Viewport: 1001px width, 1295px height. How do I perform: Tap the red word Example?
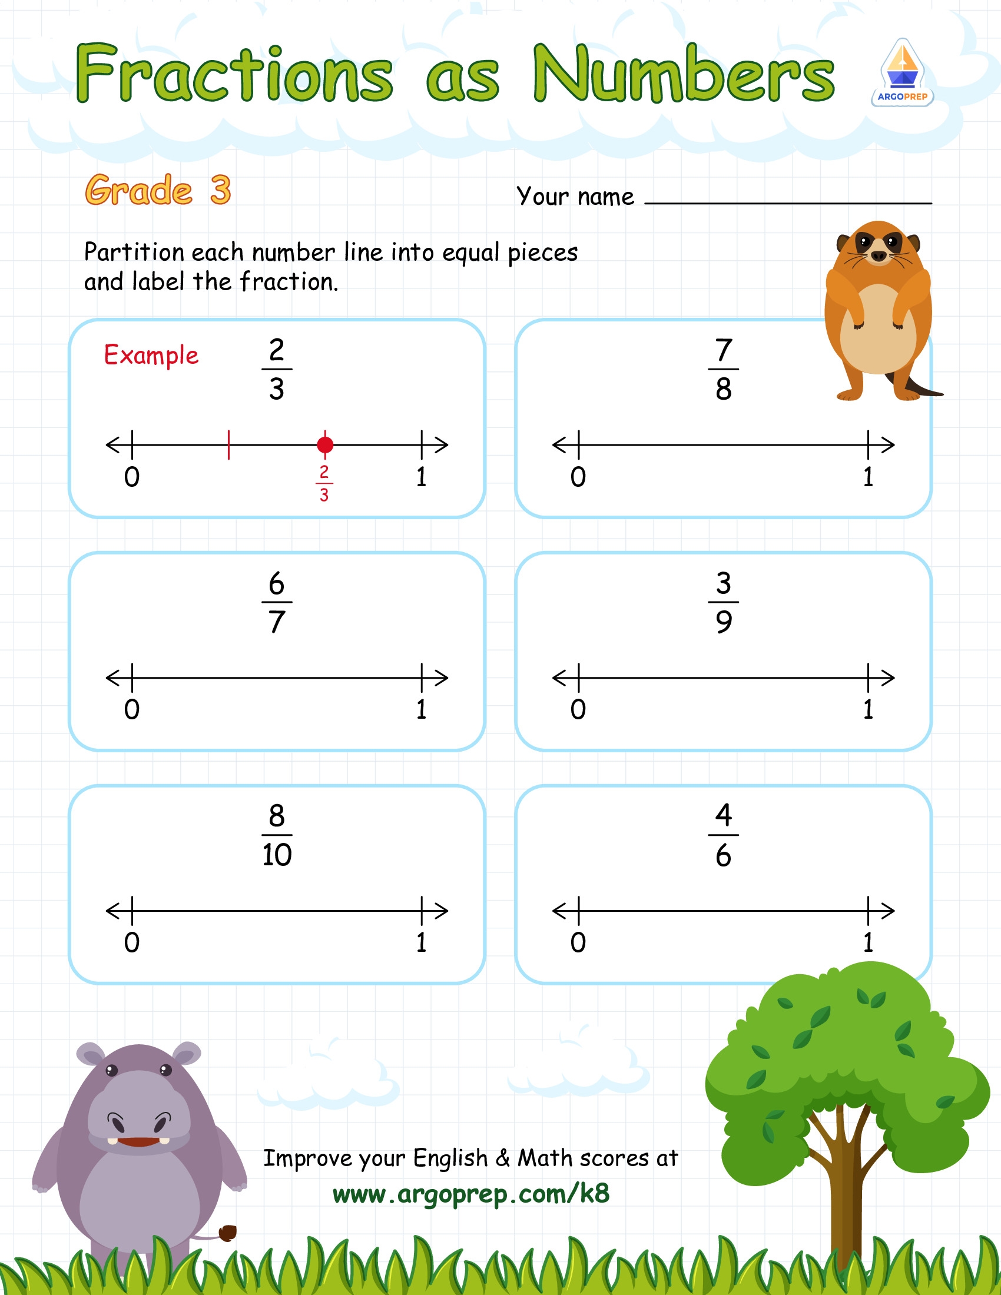pos(151,355)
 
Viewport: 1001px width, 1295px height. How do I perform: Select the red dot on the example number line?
pos(325,444)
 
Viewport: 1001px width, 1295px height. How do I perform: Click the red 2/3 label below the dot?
pos(324,483)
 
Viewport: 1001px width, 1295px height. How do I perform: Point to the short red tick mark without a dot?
pos(229,444)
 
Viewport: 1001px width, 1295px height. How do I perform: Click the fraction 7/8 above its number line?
pos(723,370)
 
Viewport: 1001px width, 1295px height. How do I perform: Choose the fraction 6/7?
pos(276,602)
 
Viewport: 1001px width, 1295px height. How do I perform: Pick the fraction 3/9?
pos(723,602)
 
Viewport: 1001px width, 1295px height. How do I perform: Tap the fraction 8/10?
pos(276,835)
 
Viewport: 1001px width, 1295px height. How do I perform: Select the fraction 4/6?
pos(723,835)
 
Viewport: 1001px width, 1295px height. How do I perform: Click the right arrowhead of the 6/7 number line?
pos(441,678)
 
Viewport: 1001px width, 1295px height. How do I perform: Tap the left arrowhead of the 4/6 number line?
pos(560,911)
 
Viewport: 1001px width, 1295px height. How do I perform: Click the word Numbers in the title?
pos(683,74)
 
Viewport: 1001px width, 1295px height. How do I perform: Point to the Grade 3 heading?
pos(158,190)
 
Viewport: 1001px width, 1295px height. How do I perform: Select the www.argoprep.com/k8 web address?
pos(471,1194)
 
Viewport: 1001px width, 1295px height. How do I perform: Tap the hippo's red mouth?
pos(139,1142)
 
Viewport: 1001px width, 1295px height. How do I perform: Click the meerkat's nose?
pos(879,256)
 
